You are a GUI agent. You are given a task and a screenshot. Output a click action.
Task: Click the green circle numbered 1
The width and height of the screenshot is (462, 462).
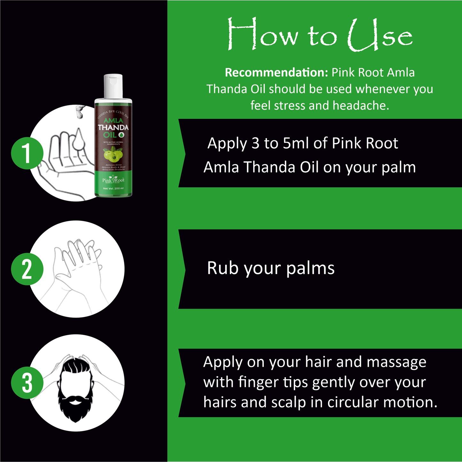click(x=27, y=153)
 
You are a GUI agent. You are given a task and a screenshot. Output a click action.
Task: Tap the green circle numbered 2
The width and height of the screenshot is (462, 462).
click(x=27, y=269)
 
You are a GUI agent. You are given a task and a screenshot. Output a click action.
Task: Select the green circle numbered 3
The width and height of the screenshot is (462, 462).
click(x=27, y=382)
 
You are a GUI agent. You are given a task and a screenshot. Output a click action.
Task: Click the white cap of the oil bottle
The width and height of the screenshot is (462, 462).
click(x=113, y=86)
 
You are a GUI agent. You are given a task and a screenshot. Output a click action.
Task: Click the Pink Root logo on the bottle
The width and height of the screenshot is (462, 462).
click(x=113, y=180)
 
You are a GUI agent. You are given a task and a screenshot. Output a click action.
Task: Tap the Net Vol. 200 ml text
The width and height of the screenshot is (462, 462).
click(x=113, y=189)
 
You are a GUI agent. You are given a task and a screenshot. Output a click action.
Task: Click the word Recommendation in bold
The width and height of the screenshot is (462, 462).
click(x=277, y=73)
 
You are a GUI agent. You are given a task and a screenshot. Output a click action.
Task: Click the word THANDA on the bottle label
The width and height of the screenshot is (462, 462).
click(x=113, y=127)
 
